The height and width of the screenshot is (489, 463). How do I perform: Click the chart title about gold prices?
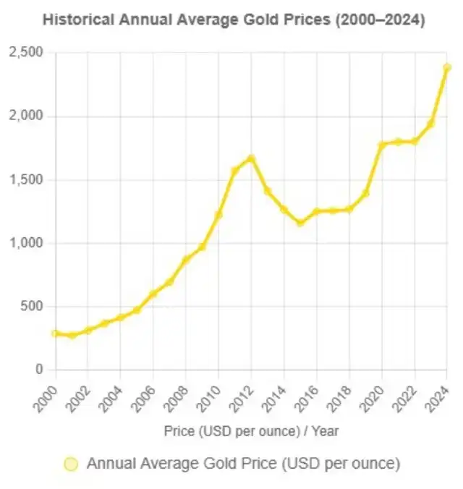pyautogui.click(x=233, y=20)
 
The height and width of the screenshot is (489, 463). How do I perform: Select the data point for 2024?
pyautogui.click(x=447, y=67)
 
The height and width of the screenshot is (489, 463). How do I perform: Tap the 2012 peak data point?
pyautogui.click(x=251, y=158)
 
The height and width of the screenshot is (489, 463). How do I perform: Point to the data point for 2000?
pyautogui.click(x=55, y=333)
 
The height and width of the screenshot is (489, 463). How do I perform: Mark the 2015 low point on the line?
pyautogui.click(x=300, y=223)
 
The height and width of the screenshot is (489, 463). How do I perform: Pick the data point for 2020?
pyautogui.click(x=382, y=145)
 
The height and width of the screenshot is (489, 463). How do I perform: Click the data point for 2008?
pyautogui.click(x=186, y=259)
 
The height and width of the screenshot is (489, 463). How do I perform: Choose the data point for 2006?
pyautogui.click(x=153, y=294)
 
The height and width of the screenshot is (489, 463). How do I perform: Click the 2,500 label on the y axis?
pyautogui.click(x=26, y=53)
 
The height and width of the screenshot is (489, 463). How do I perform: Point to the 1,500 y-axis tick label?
pyautogui.click(x=26, y=179)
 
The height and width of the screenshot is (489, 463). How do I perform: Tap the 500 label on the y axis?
pyautogui.click(x=32, y=307)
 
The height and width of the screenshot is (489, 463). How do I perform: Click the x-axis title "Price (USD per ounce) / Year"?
pyautogui.click(x=251, y=431)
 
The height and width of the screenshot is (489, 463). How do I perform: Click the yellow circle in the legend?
pyautogui.click(x=71, y=464)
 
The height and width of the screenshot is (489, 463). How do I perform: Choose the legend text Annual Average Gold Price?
pyautogui.click(x=243, y=464)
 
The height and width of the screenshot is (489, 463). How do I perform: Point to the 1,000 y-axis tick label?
pyautogui.click(x=26, y=243)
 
